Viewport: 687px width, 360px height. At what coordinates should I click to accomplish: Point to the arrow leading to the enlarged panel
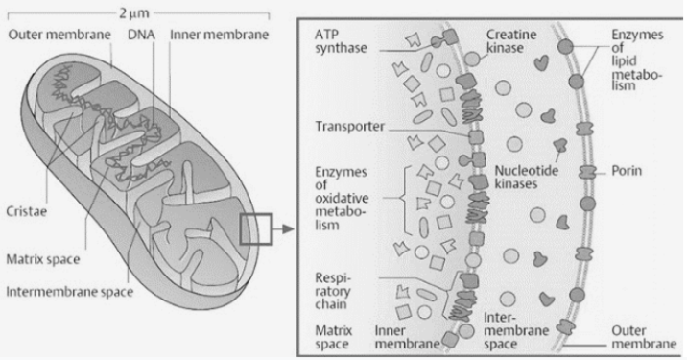coord(278,229)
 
